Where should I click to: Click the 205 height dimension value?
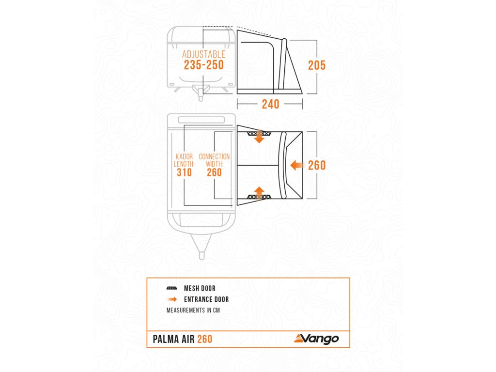pyautogui.click(x=317, y=65)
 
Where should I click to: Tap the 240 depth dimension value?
pyautogui.click(x=270, y=104)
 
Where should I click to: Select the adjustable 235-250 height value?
pyautogui.click(x=203, y=65)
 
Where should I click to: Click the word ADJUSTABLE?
pyautogui.click(x=203, y=54)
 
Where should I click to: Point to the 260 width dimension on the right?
pyautogui.click(x=317, y=165)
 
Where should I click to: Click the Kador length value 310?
pyautogui.click(x=184, y=172)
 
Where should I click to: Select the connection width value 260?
pyautogui.click(x=214, y=172)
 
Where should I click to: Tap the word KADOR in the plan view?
pyautogui.click(x=184, y=157)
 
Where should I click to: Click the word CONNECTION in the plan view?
pyautogui.click(x=214, y=157)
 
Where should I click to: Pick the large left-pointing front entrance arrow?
pyautogui.click(x=297, y=166)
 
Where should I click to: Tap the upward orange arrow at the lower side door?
pyautogui.click(x=260, y=192)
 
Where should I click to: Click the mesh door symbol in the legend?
pyautogui.click(x=171, y=288)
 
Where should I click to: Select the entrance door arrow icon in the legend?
pyautogui.click(x=172, y=299)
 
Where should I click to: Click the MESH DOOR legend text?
pyautogui.click(x=200, y=288)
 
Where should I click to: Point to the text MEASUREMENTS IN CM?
pyautogui.click(x=193, y=310)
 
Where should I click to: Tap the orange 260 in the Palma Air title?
pyautogui.click(x=204, y=339)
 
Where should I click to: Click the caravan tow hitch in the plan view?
pyautogui.click(x=201, y=247)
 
